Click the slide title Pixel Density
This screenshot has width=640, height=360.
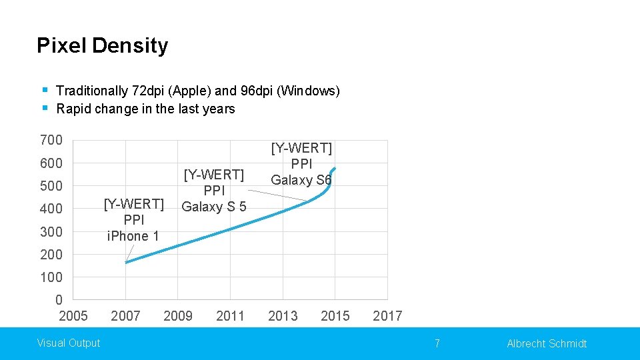coord(102,45)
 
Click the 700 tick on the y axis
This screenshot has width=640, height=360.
coord(51,140)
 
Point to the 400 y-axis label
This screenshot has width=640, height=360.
coord(51,209)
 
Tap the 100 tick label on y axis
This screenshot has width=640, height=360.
coord(51,277)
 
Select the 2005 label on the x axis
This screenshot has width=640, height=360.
coord(73,315)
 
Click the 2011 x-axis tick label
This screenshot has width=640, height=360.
coord(230,315)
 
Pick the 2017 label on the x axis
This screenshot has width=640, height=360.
coord(387,315)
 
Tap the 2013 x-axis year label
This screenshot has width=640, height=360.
coord(283,315)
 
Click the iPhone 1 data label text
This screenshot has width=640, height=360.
coord(133,236)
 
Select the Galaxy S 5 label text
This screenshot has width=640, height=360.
coord(214,207)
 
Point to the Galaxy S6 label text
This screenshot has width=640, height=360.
coord(301,180)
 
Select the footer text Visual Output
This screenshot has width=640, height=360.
coord(69,343)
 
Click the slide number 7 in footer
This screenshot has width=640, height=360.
coord(437,343)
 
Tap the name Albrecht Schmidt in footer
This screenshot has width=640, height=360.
coord(547,343)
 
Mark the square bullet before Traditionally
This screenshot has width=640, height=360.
coord(44,89)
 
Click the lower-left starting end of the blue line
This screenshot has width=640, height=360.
coord(126,262)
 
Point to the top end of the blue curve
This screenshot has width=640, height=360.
coord(335,168)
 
